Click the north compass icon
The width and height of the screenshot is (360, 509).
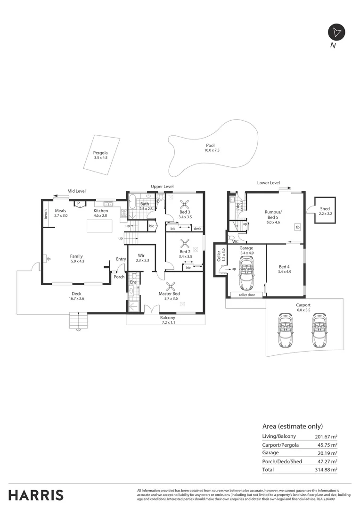(x=336, y=32)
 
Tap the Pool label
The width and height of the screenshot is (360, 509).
(x=210, y=145)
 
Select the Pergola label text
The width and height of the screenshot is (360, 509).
(x=100, y=153)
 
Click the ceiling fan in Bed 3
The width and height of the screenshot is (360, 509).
(x=185, y=204)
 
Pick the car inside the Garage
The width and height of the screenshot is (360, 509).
(x=246, y=275)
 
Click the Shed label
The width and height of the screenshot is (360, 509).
(x=325, y=209)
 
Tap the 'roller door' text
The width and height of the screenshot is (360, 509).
(x=246, y=295)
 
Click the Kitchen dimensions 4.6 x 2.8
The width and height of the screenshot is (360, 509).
(x=101, y=215)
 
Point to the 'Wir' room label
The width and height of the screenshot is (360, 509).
(x=140, y=255)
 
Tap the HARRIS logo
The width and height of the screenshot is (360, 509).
(x=36, y=495)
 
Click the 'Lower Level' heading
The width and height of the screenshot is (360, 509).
(x=268, y=183)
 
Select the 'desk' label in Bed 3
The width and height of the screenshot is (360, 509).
(x=197, y=229)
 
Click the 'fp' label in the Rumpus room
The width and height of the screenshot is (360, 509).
(x=298, y=227)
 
